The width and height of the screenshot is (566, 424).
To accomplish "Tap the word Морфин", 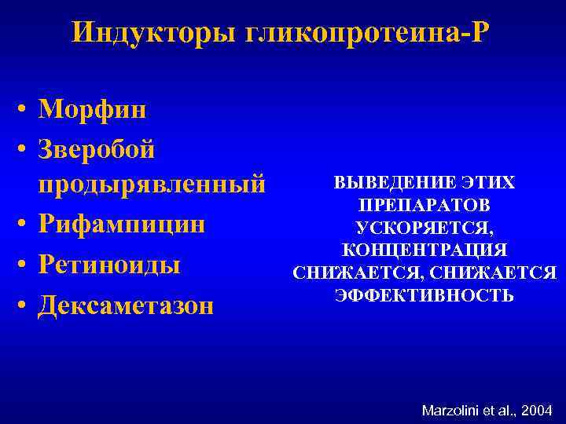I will coord(93,109).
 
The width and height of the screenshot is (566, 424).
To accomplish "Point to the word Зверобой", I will coord(97,147).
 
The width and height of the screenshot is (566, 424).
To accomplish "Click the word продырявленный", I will coord(153,185).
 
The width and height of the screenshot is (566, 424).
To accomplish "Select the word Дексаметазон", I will coord(126,303).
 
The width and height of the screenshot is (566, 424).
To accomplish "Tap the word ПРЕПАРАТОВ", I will coord(424,206).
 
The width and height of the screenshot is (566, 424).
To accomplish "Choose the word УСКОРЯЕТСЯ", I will coord(424,228).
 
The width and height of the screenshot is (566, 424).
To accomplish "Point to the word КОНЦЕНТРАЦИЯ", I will coord(424,250).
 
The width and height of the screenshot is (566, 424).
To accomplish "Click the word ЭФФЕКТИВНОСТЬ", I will coord(424,295).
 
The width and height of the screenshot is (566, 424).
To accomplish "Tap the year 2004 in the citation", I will coord(536,410).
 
